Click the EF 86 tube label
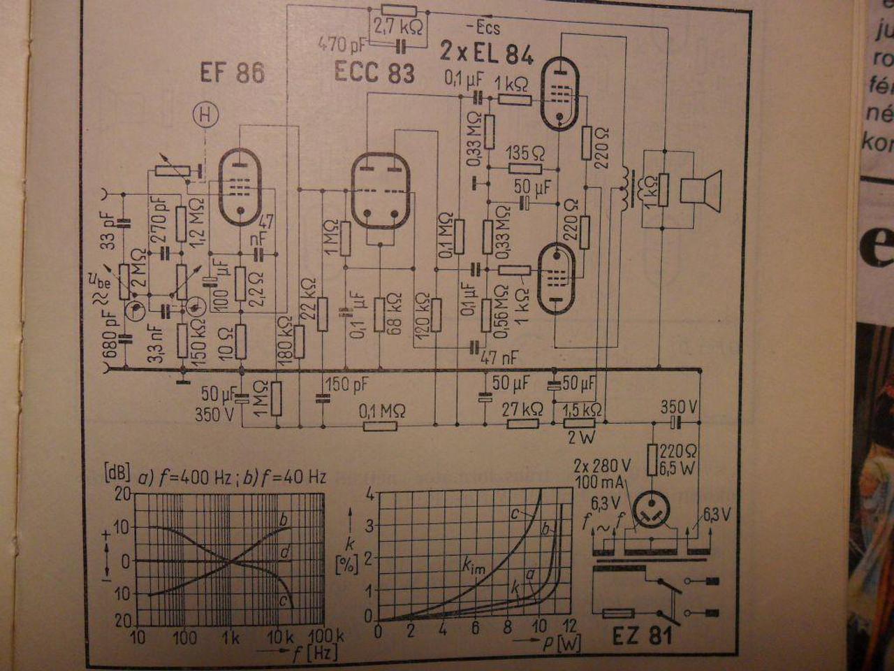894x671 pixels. [x=232, y=73]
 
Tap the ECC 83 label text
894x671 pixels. [x=374, y=72]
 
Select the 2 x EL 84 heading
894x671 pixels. [x=486, y=53]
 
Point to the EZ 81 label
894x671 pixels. [x=642, y=635]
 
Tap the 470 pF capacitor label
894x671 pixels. [x=342, y=45]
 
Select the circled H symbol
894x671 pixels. [x=206, y=116]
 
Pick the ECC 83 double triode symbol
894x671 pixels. [x=380, y=190]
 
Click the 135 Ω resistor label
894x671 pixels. [x=525, y=152]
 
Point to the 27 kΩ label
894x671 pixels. [x=522, y=409]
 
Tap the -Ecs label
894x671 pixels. [x=482, y=29]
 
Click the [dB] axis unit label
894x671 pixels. [x=116, y=472]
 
